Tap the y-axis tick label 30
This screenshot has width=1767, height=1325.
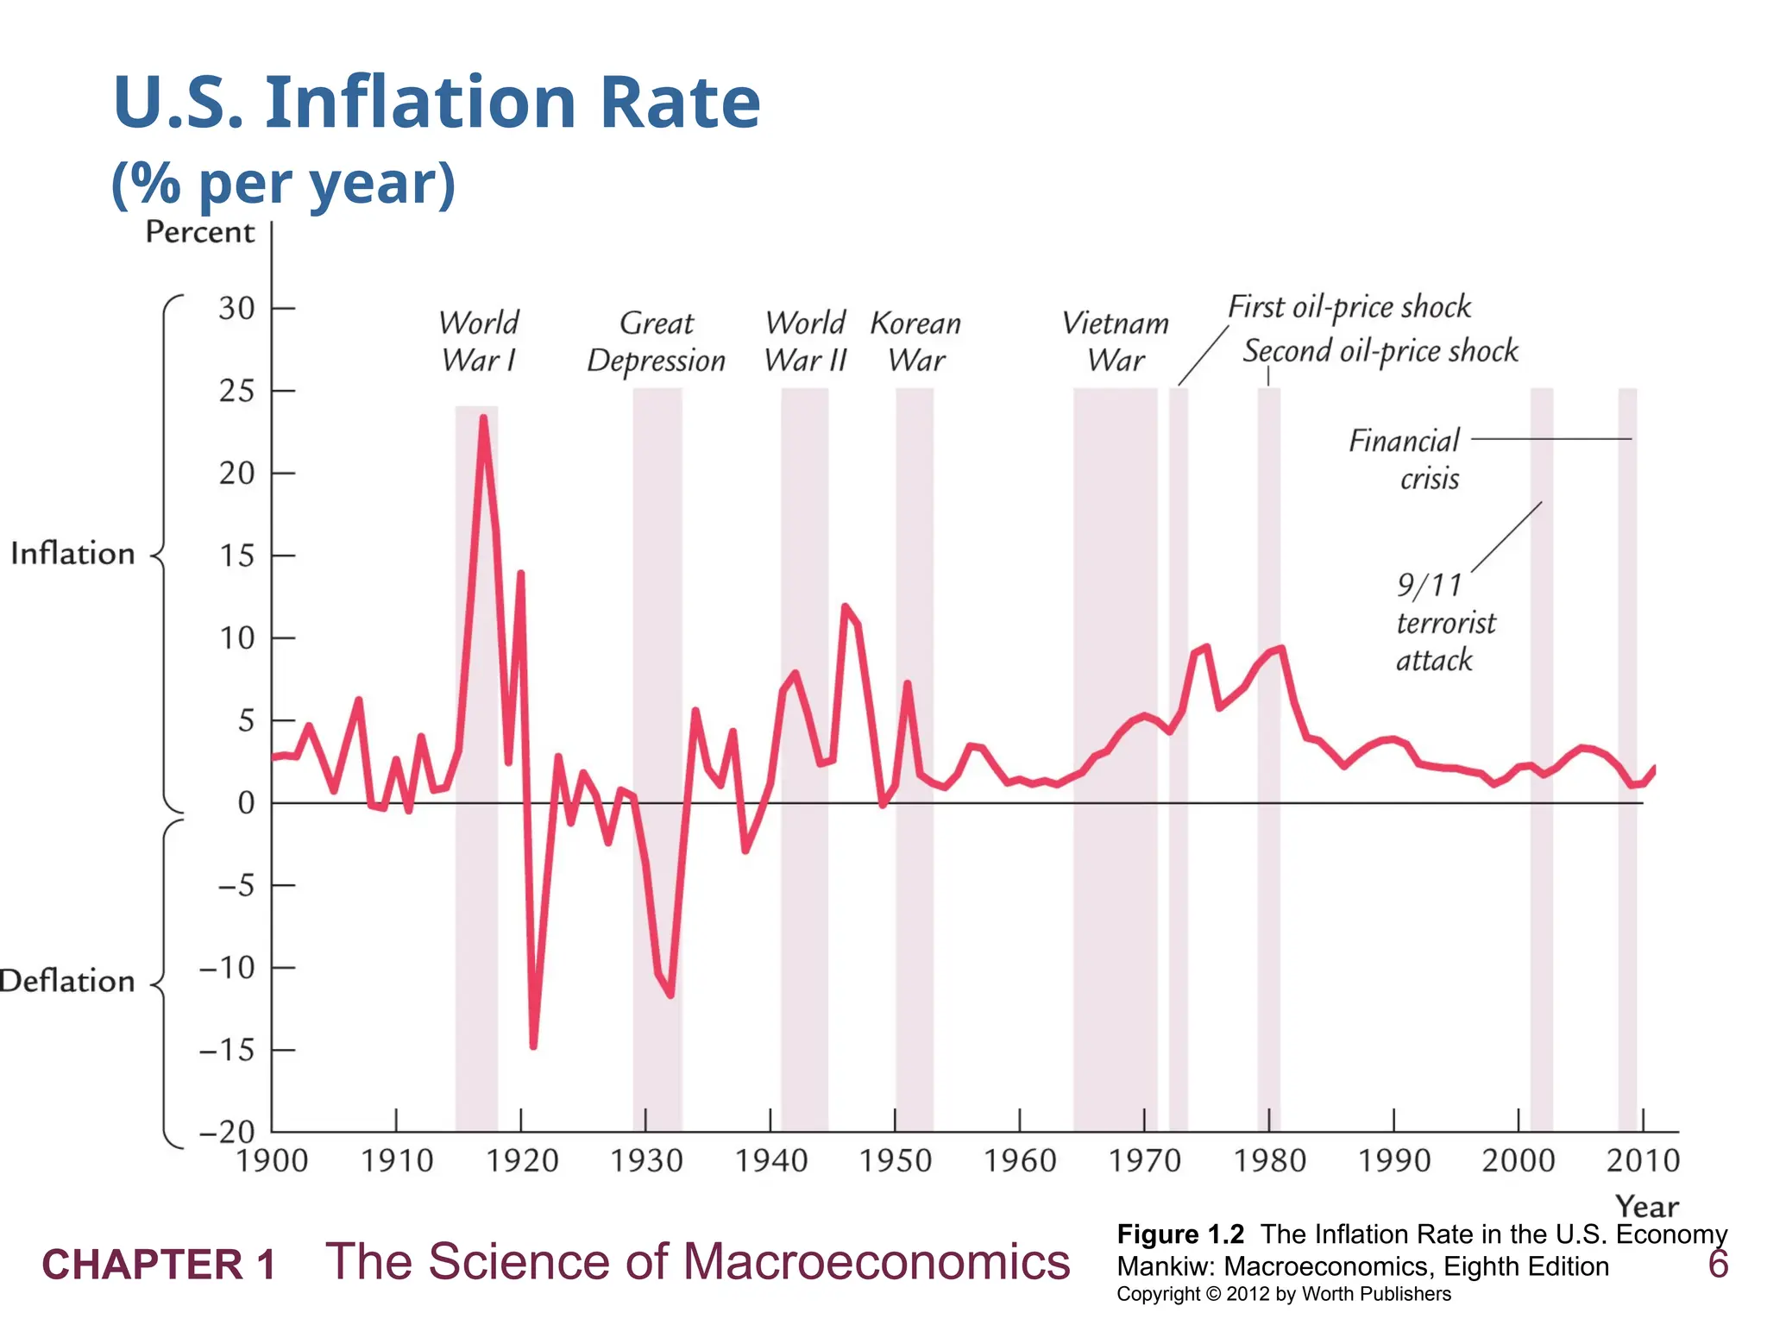(236, 308)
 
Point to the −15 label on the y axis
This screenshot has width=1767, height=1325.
(228, 1050)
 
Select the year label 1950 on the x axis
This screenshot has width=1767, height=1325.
(896, 1161)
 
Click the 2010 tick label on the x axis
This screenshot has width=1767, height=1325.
(1643, 1161)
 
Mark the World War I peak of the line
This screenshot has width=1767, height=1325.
(483, 418)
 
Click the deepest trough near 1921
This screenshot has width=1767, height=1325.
(533, 1046)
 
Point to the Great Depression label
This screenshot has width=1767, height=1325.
(656, 342)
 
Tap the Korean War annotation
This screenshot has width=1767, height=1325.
(915, 342)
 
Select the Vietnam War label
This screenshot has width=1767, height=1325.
(1116, 342)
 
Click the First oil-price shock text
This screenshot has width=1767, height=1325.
(1349, 307)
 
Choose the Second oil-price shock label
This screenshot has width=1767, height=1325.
(1380, 351)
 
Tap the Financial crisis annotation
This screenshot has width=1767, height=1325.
(1405, 459)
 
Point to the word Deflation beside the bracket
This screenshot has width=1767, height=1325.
(67, 982)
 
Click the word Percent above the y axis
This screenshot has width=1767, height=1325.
(199, 232)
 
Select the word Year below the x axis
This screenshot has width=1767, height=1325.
(1646, 1206)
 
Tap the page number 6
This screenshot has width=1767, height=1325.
(1718, 1265)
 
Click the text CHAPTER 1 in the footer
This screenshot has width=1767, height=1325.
(159, 1265)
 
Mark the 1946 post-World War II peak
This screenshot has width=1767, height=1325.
(845, 606)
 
